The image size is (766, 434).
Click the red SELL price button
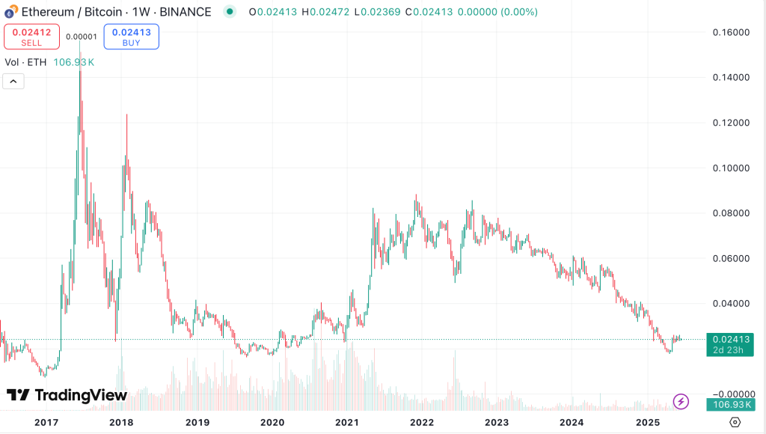coord(31,37)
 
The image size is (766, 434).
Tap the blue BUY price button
coord(131,37)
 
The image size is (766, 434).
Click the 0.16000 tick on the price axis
coord(731,32)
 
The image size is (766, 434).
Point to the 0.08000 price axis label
coord(731,213)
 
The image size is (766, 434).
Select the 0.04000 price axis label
coord(731,304)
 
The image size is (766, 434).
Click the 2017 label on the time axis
coord(46,422)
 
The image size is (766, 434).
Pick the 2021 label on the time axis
coord(347,422)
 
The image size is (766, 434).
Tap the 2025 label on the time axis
coord(647,422)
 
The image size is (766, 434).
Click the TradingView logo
coord(67,395)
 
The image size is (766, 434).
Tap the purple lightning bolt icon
coord(681,401)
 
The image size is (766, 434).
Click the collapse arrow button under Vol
coord(13,82)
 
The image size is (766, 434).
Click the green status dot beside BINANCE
coord(230,12)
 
